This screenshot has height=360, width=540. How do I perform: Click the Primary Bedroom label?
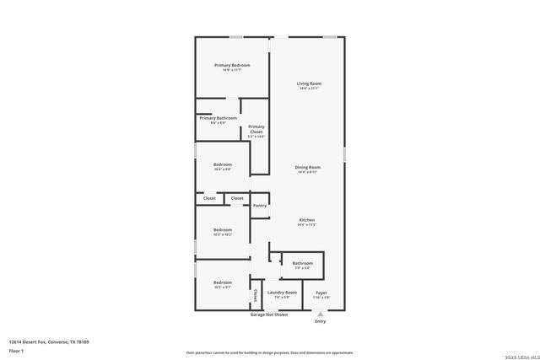[x=232, y=66]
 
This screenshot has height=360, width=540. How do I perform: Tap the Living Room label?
[x=309, y=83]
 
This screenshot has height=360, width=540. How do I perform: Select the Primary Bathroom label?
[x=218, y=118]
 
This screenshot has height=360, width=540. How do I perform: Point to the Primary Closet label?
[x=256, y=130]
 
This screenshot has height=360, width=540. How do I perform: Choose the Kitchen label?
[x=306, y=220]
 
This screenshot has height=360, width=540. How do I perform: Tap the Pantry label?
[x=260, y=205]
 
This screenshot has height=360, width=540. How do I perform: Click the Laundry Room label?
[x=282, y=293]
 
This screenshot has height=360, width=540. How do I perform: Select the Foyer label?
[x=321, y=293]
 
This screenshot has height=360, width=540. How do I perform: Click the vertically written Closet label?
[x=256, y=295]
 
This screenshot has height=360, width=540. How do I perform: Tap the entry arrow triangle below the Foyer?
[x=320, y=312]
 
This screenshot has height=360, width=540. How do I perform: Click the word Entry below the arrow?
[x=320, y=321]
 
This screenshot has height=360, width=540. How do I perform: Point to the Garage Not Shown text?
[x=268, y=314]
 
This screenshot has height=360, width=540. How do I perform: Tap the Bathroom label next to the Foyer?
[x=302, y=264]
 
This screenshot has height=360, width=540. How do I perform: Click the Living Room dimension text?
[x=309, y=89]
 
